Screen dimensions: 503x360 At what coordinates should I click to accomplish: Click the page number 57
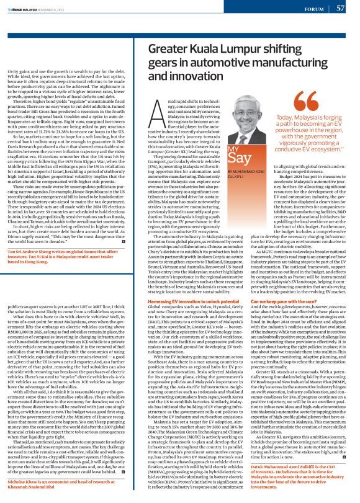(x=341, y=8)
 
